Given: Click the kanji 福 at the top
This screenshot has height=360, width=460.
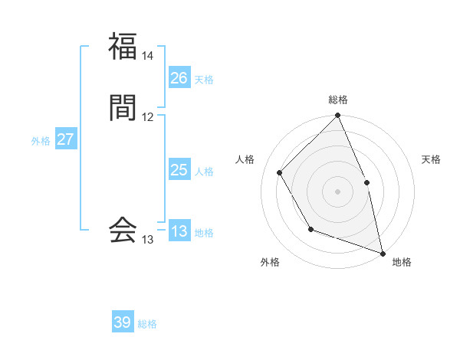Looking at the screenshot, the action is (123, 46).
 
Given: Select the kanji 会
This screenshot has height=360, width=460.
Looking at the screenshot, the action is (123, 229).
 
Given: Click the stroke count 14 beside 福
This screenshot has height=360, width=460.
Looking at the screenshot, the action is (148, 56).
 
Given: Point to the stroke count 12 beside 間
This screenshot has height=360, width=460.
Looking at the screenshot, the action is (148, 117).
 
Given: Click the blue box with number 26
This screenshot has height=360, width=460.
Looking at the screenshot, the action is (179, 78).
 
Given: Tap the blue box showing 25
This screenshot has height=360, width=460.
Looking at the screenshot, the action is (179, 170).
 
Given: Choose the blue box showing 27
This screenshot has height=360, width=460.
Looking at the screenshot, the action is (66, 139).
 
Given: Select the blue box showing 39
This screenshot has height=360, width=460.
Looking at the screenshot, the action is (123, 322).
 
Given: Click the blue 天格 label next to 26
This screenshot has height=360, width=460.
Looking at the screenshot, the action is (204, 80).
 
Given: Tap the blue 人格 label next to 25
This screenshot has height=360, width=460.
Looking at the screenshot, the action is (204, 172).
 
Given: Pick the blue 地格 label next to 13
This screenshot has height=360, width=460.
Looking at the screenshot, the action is (204, 233).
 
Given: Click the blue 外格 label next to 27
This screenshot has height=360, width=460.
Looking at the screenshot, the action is (41, 141).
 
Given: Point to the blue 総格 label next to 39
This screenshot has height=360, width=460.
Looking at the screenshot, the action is (147, 324).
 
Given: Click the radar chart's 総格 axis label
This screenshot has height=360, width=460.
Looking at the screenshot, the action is (337, 100).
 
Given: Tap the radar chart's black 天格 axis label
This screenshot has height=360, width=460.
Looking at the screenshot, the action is (431, 159).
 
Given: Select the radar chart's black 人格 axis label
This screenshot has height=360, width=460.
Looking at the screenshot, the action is (245, 159).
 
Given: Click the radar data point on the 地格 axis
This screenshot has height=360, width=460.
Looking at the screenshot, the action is (383, 253).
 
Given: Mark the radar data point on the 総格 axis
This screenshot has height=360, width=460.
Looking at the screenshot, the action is (337, 116).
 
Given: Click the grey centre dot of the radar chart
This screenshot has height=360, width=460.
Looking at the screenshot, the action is (337, 191).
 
